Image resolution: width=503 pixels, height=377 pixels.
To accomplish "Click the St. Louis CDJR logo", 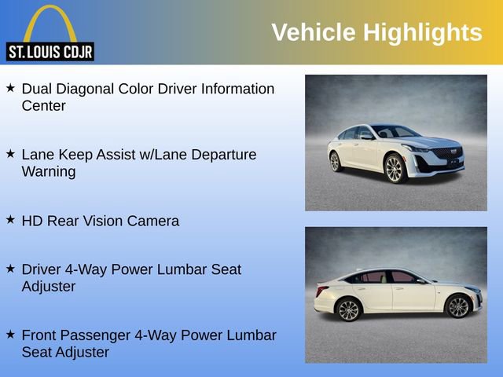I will tap(50, 33).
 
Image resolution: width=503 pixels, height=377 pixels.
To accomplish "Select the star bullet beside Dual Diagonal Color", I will tap(10, 89).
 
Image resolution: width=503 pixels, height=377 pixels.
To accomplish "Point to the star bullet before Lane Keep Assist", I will tap(10, 155).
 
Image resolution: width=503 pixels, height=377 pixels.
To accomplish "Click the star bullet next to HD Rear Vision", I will tap(10, 221).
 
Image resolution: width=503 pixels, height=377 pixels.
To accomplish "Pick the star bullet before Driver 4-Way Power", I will tap(10, 269).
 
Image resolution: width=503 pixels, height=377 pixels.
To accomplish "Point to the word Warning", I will tap(49, 172).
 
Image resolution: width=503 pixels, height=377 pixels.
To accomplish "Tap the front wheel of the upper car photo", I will tap(394, 168).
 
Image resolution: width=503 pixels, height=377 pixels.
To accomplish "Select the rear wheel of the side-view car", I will tap(349, 309).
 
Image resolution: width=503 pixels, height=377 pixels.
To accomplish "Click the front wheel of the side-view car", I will tap(458, 306).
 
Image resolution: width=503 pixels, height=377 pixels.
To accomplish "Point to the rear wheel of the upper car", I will tap(336, 162).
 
